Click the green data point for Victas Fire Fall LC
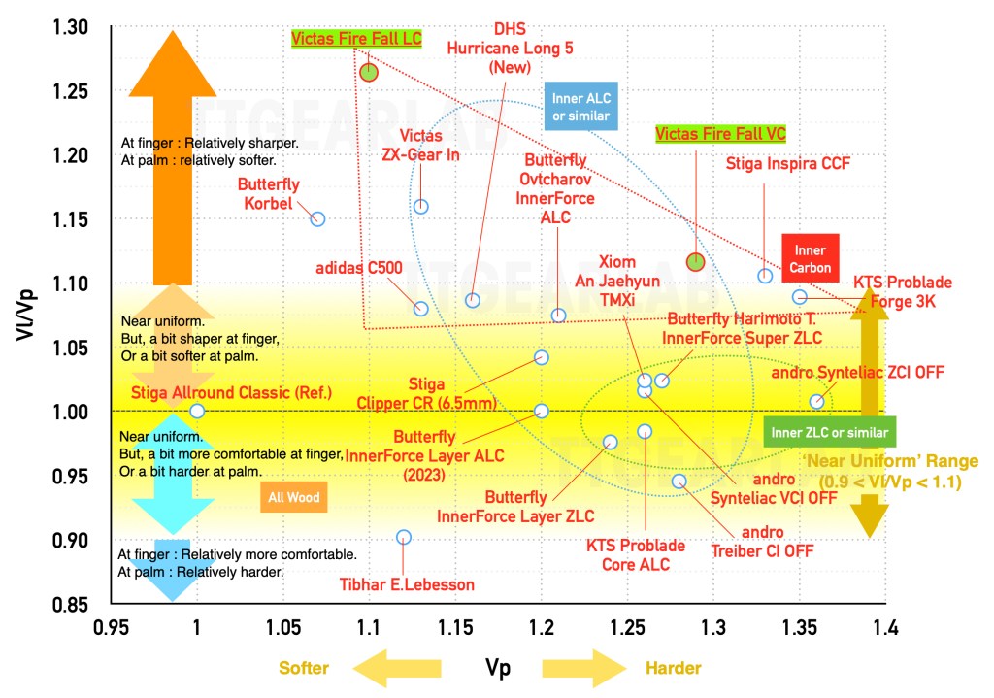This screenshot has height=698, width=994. coord(369,72)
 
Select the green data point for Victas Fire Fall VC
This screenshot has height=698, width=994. coord(695,261)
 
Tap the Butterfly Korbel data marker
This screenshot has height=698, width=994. coord(317,219)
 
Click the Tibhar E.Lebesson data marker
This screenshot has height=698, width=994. coord(404,537)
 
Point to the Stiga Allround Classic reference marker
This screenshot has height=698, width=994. coord(197,411)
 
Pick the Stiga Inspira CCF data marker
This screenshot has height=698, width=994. coord(765,276)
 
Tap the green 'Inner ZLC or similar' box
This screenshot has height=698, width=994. coord(829,431)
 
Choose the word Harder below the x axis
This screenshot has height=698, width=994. coord(672,668)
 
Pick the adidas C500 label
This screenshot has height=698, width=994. coord(358,267)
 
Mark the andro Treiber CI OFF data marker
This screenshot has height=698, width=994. coord(679,481)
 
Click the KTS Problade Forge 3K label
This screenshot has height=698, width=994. coord(902,291)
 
